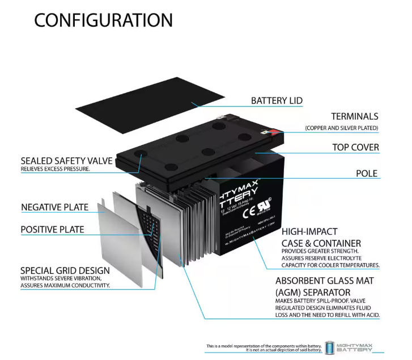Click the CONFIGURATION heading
(x=103, y=20)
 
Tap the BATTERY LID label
(x=277, y=101)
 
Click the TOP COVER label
(x=355, y=147)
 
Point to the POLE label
(x=367, y=173)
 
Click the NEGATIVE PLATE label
(x=55, y=207)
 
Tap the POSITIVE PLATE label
(x=53, y=230)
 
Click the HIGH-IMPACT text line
(x=309, y=231)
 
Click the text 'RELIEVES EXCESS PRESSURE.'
(x=55, y=169)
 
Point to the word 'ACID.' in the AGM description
(x=369, y=315)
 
